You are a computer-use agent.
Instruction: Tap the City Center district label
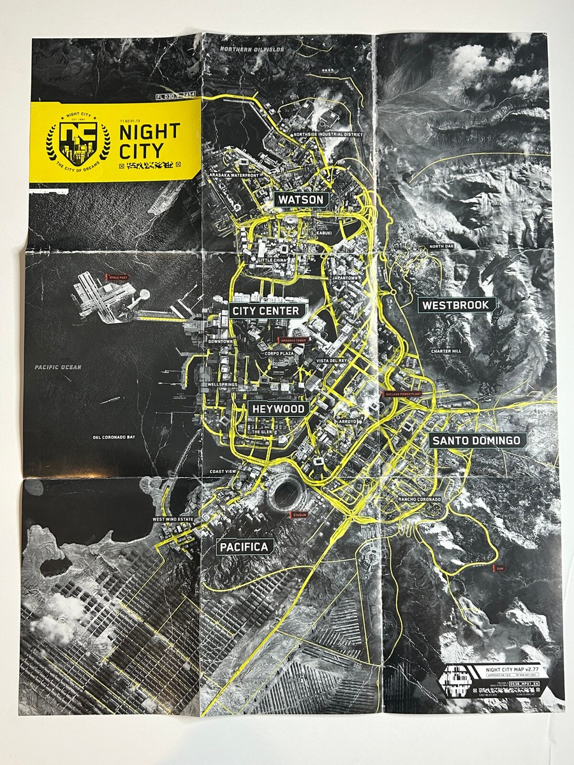coord(266,310)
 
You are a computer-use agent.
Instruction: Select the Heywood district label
coord(279,408)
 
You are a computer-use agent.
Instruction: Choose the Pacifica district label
coord(246,546)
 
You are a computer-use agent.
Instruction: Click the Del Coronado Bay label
coord(115,438)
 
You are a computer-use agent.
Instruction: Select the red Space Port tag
coord(117,277)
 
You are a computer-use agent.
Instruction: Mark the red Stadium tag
coord(298,514)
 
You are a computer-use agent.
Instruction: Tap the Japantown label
coord(346,279)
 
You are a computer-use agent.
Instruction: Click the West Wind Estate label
coord(172,520)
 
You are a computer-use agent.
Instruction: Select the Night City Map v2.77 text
coord(507,666)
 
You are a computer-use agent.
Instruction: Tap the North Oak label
coord(441,246)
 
